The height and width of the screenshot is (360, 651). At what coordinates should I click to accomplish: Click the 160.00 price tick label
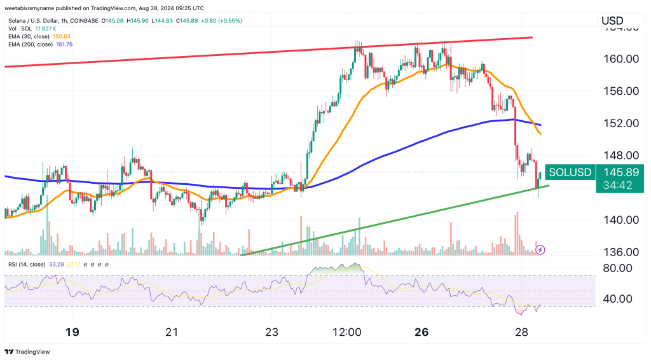(x=620, y=59)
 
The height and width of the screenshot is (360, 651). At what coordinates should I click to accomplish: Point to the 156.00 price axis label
(x=620, y=91)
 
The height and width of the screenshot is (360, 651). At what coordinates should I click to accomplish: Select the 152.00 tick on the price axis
(x=620, y=123)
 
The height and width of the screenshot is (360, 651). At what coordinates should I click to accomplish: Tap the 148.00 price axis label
(x=620, y=155)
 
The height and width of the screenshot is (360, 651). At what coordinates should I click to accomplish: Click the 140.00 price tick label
(x=620, y=220)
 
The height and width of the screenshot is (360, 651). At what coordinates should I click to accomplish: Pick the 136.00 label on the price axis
(x=620, y=253)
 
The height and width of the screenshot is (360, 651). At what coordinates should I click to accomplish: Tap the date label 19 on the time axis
(x=72, y=333)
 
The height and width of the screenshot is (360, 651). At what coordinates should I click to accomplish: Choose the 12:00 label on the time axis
(x=347, y=333)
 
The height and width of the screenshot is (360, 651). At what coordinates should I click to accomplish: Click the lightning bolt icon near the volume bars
(x=540, y=250)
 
